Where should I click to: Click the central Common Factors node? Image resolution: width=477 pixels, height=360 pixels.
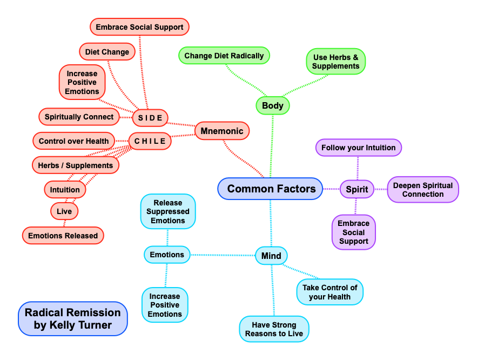pyautogui.click(x=271, y=189)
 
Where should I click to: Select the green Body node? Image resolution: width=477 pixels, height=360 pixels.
pyautogui.click(x=272, y=105)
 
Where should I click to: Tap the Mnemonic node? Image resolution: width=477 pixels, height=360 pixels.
pyautogui.click(x=221, y=130)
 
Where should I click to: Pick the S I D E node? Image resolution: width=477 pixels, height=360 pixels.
pyautogui.click(x=150, y=117)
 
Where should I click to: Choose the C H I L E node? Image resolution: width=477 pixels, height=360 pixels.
pyautogui.click(x=150, y=141)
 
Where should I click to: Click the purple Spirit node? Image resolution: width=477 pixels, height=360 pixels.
pyautogui.click(x=357, y=189)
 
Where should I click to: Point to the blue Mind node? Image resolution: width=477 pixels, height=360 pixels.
pyautogui.click(x=271, y=255)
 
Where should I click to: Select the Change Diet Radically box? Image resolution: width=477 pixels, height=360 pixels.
pyautogui.click(x=224, y=56)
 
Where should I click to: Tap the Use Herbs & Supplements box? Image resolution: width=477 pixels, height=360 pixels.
pyautogui.click(x=336, y=61)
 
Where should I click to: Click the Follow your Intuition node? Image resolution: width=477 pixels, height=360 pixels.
pyautogui.click(x=358, y=148)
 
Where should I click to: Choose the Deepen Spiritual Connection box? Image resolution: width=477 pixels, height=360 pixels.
pyautogui.click(x=423, y=189)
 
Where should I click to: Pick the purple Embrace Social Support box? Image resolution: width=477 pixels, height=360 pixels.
pyautogui.click(x=354, y=232)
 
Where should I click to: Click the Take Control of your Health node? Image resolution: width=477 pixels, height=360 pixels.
pyautogui.click(x=330, y=292)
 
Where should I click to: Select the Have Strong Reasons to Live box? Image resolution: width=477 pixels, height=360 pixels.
pyautogui.click(x=274, y=329)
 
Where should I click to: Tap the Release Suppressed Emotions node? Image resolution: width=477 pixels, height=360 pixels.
pyautogui.click(x=168, y=211)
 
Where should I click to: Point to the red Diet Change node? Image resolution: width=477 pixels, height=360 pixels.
pyautogui.click(x=107, y=52)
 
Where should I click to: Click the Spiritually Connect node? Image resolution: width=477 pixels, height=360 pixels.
pyautogui.click(x=79, y=117)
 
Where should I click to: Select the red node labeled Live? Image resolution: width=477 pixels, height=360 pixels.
pyautogui.click(x=64, y=211)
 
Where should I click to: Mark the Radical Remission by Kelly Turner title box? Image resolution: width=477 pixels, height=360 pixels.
pyautogui.click(x=73, y=318)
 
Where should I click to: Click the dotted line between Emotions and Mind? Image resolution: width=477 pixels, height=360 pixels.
pyautogui.click(x=223, y=255)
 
